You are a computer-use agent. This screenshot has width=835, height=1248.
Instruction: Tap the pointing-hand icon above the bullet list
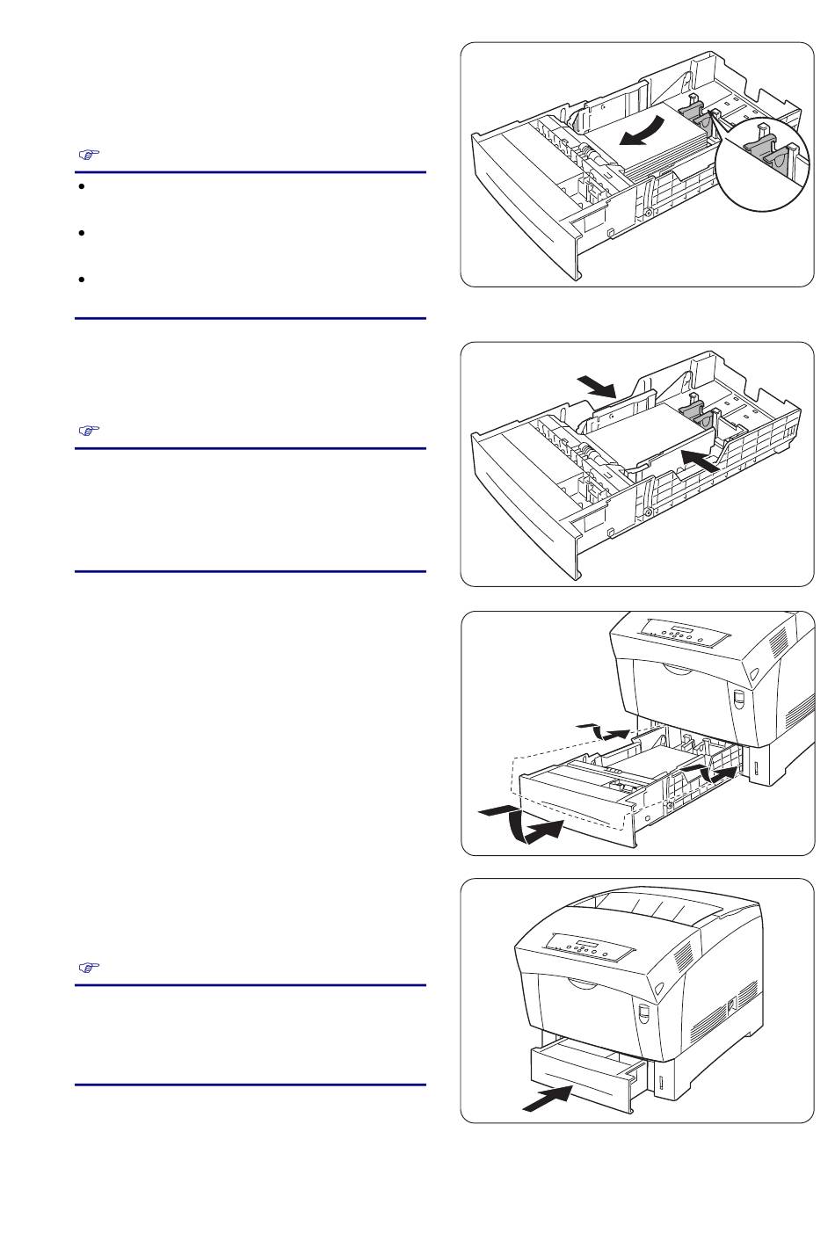coord(87,155)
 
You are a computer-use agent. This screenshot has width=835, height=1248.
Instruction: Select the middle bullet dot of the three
coord(81,234)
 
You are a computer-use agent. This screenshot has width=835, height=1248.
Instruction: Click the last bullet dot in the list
coord(81,279)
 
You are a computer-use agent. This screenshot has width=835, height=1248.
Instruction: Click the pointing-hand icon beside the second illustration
coord(87,431)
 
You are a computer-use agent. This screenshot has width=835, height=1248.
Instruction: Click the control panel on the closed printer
coord(588,950)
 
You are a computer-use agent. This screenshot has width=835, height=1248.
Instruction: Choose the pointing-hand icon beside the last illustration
coord(87,968)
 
